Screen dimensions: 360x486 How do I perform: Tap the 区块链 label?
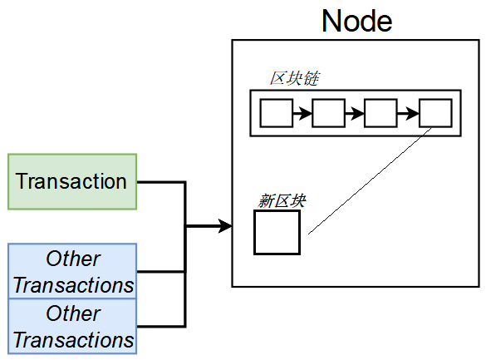click(295, 78)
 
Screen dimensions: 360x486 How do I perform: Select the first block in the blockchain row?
click(277, 113)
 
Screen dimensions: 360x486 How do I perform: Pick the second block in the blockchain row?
click(328, 113)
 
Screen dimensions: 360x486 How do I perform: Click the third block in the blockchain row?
click(380, 113)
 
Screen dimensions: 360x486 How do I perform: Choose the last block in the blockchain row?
click(435, 113)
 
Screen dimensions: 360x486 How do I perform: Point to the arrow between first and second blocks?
click(302, 113)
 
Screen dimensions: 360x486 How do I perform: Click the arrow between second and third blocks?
click(354, 113)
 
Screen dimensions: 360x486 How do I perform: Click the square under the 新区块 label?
click(277, 232)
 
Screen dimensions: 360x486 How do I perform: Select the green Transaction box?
click(71, 181)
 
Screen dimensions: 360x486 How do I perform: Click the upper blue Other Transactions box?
click(72, 272)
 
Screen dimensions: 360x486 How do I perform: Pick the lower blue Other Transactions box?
click(72, 327)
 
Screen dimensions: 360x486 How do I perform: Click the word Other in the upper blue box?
click(73, 259)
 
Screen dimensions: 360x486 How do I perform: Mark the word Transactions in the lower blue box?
click(73, 340)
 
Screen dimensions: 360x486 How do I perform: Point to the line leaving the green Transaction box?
click(160, 181)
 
